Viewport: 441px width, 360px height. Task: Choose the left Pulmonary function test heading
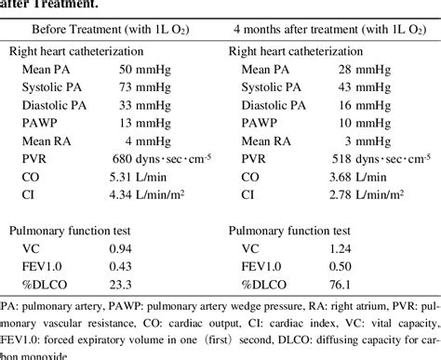coord(71,231)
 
